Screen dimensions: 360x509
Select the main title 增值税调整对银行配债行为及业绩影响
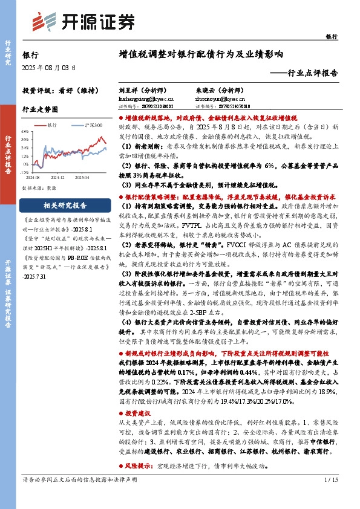coord(201,54)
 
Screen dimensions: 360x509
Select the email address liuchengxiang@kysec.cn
coord(146,97)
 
